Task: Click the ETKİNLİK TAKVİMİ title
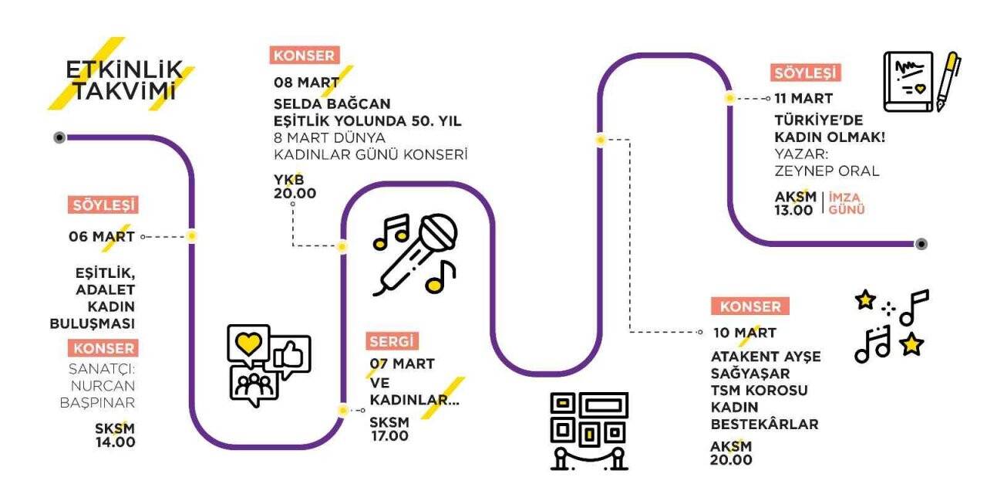(123, 80)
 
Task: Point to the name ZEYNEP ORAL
(827, 171)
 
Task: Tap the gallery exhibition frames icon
(589, 430)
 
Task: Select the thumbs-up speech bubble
(291, 355)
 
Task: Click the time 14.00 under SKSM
(116, 442)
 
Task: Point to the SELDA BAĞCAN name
(332, 103)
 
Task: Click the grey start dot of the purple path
(59, 137)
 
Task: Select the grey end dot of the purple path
(921, 244)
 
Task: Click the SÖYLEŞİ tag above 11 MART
(805, 73)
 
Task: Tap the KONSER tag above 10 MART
(750, 306)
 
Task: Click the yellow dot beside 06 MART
(192, 236)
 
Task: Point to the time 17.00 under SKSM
(389, 435)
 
